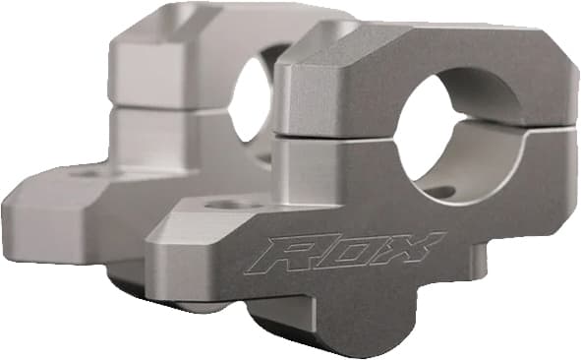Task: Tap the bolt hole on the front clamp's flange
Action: (x=230, y=204)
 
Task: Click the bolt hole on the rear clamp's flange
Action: (x=87, y=174)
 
